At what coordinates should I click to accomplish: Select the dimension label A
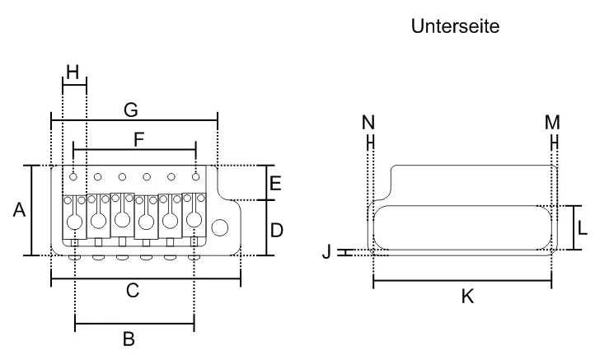point(18,211)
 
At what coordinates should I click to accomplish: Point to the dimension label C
point(133,290)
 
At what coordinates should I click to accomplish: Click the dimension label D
point(277,229)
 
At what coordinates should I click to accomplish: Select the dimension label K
point(467,297)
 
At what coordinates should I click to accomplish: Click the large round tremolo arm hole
point(221,227)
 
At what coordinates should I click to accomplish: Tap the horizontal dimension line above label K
point(461,282)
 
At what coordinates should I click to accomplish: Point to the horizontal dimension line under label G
point(134,119)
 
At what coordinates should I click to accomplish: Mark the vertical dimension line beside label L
point(574,228)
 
